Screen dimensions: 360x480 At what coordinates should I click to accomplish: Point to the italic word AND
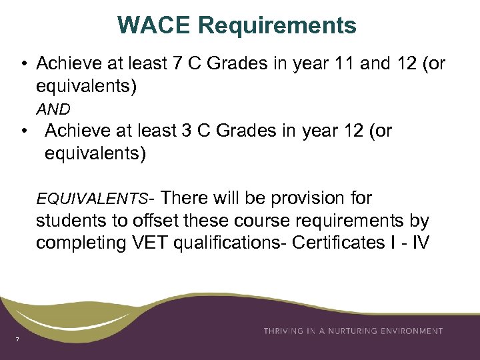click(x=53, y=109)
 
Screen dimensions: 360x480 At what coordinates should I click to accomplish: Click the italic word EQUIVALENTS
click(x=93, y=199)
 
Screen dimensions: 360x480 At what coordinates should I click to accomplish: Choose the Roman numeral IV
click(x=420, y=243)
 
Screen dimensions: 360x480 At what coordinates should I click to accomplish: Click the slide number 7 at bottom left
click(x=18, y=341)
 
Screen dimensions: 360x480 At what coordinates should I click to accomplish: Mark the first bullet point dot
click(x=23, y=64)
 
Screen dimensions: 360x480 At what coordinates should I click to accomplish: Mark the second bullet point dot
click(x=23, y=131)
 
